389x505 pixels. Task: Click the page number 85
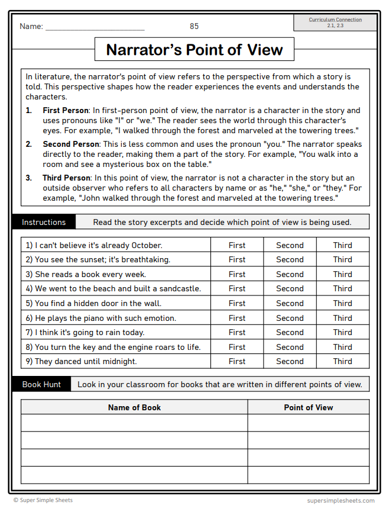pyautogui.click(x=194, y=26)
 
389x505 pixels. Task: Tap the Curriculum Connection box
pyautogui.click(x=335, y=22)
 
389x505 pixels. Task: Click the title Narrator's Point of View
pyautogui.click(x=194, y=50)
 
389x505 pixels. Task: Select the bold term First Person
pyautogui.click(x=65, y=111)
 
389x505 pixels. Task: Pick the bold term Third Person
pyautogui.click(x=66, y=178)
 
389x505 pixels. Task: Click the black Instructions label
pyautogui.click(x=44, y=223)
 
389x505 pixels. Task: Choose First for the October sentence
pyautogui.click(x=237, y=245)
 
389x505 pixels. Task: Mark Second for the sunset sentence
pyautogui.click(x=290, y=260)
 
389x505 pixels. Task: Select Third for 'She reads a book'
pyautogui.click(x=342, y=274)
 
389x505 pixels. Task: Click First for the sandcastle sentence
pyautogui.click(x=237, y=289)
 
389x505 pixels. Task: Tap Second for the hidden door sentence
pyautogui.click(x=290, y=303)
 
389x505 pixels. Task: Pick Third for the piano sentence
pyautogui.click(x=342, y=318)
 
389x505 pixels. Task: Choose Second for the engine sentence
pyautogui.click(x=290, y=347)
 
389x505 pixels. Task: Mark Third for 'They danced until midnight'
pyautogui.click(x=342, y=362)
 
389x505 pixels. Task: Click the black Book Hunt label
pyautogui.click(x=41, y=385)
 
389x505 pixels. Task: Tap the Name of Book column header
pyautogui.click(x=134, y=407)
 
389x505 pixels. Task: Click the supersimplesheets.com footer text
pyautogui.click(x=341, y=500)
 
